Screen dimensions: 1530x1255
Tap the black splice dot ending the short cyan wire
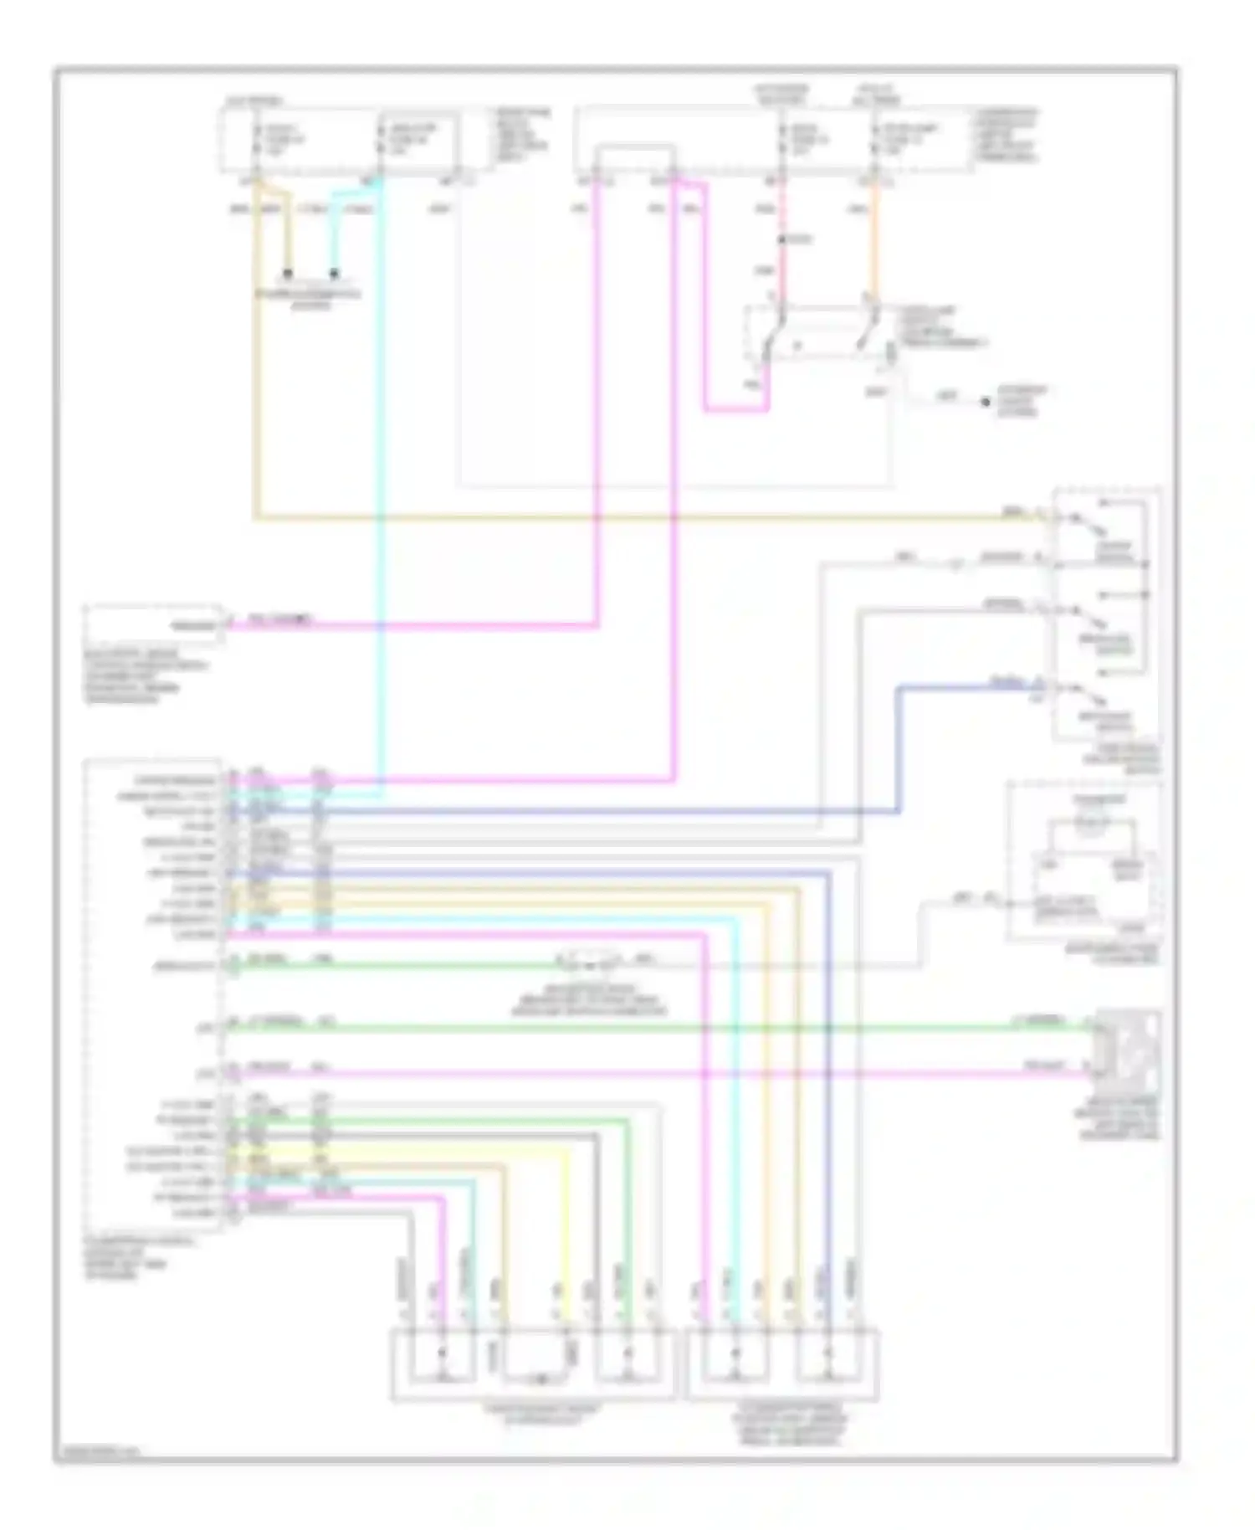coord(334,273)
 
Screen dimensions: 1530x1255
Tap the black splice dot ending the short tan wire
coord(287,273)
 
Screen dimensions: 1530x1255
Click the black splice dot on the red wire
coord(781,240)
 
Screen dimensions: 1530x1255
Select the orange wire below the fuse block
coord(874,243)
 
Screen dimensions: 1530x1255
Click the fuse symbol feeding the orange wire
coord(874,139)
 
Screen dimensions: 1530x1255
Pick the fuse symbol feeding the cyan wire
coord(382,139)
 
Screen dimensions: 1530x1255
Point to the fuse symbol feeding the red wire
coord(782,139)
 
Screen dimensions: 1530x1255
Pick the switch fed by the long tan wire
coord(1088,525)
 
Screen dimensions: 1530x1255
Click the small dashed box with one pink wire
coord(153,624)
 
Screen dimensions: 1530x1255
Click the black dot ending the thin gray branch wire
coord(986,403)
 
